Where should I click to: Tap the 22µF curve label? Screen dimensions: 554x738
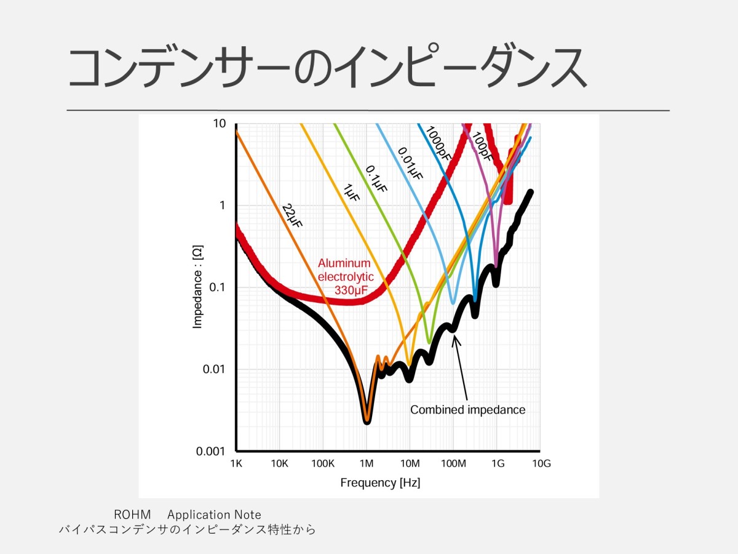click(x=292, y=215)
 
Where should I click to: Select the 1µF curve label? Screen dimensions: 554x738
click(x=351, y=195)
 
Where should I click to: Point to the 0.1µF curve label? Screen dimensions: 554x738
click(x=376, y=179)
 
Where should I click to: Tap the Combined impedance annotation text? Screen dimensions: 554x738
click(x=467, y=409)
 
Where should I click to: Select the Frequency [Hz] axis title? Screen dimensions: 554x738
click(x=380, y=483)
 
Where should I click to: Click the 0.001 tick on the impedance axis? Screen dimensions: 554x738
click(x=210, y=452)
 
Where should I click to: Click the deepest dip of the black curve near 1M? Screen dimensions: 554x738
click(x=367, y=420)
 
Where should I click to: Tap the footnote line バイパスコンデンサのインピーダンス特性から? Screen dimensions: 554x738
click(x=187, y=529)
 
